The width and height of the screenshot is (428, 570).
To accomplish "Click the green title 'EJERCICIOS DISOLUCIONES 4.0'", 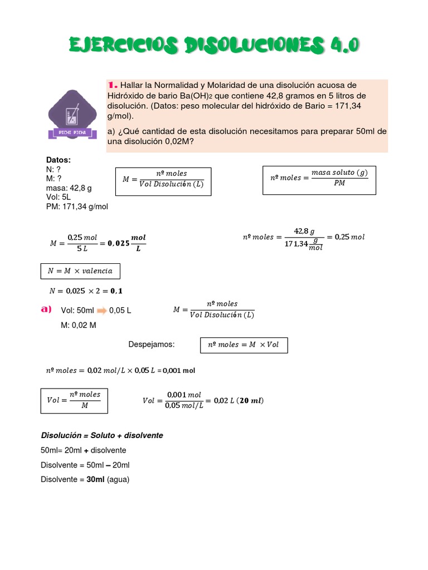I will (x=214, y=46).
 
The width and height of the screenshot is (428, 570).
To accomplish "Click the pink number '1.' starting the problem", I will (x=113, y=85).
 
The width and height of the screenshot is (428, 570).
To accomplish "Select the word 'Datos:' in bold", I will (x=59, y=160).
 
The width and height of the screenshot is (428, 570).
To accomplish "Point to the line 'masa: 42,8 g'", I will (x=69, y=188).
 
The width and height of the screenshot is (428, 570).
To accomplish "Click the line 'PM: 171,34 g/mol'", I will (x=77, y=207).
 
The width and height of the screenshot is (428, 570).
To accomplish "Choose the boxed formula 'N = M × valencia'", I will (x=80, y=271).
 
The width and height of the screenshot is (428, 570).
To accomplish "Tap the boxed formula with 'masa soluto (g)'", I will (x=319, y=178).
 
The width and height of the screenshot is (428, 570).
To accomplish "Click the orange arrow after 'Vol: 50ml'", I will (x=101, y=311).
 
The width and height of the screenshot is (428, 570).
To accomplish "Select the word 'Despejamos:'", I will (x=152, y=345).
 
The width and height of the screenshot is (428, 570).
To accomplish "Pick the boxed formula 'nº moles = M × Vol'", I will (x=244, y=345).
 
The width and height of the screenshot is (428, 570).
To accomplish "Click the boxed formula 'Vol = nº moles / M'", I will (x=74, y=400).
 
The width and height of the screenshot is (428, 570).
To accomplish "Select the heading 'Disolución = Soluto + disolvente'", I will (x=102, y=435).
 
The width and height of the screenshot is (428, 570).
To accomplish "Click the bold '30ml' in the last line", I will (x=95, y=479).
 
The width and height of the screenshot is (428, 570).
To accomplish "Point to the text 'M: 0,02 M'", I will (x=79, y=325).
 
